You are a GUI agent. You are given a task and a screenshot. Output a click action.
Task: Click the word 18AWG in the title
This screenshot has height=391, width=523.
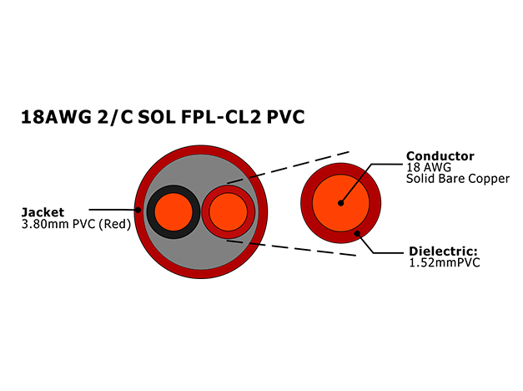click(x=56, y=117)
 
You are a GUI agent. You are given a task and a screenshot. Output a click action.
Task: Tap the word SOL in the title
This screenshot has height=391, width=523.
click(x=157, y=117)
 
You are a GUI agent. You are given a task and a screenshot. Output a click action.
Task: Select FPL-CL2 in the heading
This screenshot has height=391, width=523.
click(x=220, y=117)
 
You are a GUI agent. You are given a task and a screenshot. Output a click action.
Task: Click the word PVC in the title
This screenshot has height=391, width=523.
click(x=285, y=117)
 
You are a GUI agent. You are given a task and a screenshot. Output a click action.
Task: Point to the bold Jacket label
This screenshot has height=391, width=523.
click(x=43, y=212)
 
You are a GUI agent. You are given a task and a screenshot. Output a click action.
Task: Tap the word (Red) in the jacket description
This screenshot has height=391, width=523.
click(x=115, y=224)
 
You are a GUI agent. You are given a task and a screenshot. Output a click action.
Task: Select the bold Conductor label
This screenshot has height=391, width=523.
click(x=440, y=156)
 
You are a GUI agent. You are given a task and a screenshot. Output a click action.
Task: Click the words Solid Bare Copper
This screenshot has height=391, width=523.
click(x=458, y=179)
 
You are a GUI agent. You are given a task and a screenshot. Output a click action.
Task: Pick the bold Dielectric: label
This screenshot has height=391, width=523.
click(x=443, y=251)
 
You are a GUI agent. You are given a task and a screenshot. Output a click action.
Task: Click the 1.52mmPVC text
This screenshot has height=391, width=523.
click(x=445, y=262)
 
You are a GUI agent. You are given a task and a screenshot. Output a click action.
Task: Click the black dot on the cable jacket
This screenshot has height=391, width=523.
click(x=138, y=210)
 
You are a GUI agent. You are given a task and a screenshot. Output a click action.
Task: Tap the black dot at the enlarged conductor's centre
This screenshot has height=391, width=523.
click(x=340, y=203)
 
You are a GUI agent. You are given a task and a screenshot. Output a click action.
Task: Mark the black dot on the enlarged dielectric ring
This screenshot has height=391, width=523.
click(x=357, y=233)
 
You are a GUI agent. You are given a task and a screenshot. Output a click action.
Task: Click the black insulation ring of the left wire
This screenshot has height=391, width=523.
click(x=151, y=212)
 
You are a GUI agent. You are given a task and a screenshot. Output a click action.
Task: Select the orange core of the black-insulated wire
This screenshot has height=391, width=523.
click(x=173, y=212)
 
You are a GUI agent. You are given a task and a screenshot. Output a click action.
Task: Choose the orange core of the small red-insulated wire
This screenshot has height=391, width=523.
click(x=229, y=212)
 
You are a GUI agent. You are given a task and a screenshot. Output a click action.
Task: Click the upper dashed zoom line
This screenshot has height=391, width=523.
click(x=288, y=167)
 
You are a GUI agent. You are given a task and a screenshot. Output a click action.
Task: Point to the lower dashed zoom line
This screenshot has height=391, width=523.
click(x=291, y=247)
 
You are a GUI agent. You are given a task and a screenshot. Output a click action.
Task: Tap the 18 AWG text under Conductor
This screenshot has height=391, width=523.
click(x=429, y=167)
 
